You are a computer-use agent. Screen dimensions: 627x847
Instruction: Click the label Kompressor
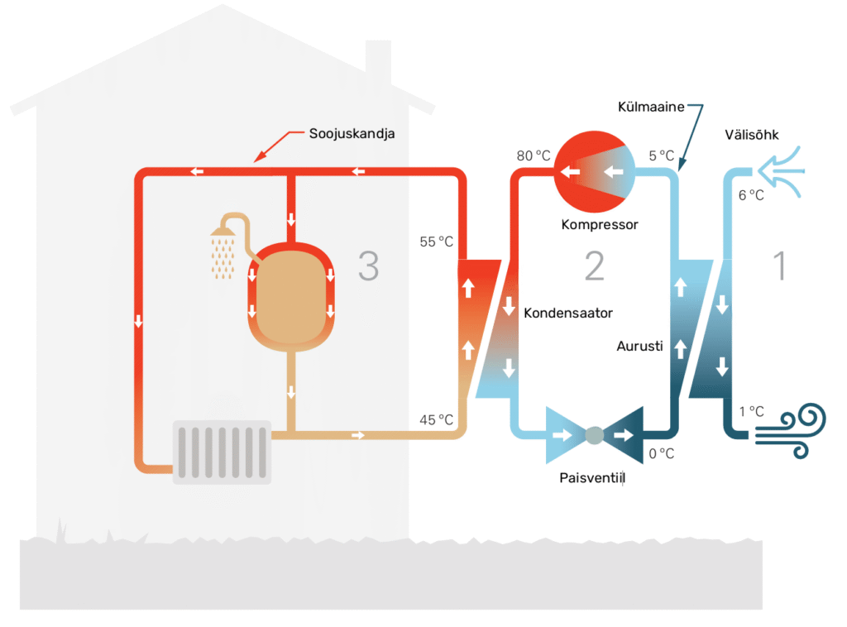pos(600,224)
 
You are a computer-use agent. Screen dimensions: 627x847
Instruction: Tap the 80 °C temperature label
pos(534,156)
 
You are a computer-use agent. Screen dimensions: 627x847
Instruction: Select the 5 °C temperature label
pos(662,156)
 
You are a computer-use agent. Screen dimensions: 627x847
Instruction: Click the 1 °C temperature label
pos(751,411)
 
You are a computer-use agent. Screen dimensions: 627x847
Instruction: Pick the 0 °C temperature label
pos(662,453)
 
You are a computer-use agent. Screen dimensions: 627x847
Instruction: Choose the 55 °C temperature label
pos(437,242)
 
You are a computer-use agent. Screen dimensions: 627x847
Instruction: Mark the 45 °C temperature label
pos(437,420)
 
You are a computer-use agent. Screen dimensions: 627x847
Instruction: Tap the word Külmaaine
pos(651,108)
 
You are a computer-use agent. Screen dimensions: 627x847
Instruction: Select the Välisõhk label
pos(752,134)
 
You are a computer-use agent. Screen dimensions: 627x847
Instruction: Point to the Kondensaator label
pos(568,313)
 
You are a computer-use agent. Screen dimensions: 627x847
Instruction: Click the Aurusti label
pos(640,347)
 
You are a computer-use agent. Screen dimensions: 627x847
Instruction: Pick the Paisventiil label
pos(591,477)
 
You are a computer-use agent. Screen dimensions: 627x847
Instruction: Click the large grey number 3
pos(369,266)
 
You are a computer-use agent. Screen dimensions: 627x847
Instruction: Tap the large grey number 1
pos(778,266)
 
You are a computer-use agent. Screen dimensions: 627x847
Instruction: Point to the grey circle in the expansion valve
pos(594,434)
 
